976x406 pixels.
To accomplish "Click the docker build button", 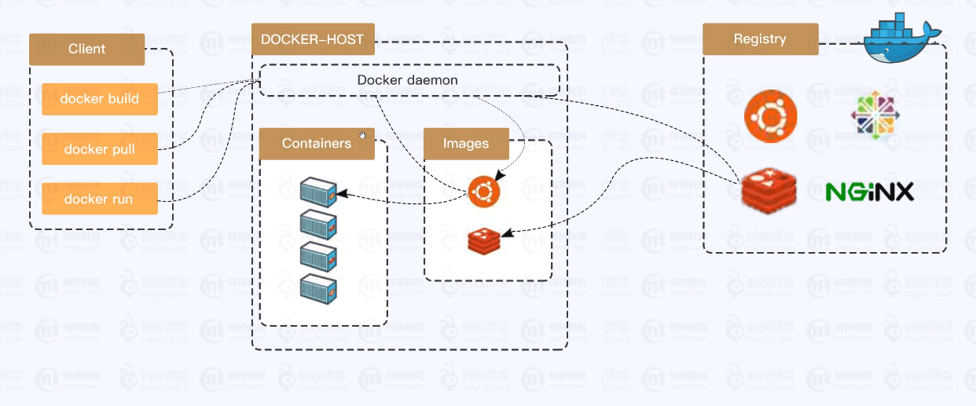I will (x=100, y=99).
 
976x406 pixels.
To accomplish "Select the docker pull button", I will (x=100, y=149).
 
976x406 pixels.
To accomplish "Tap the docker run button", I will (x=99, y=199).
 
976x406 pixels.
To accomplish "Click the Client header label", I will (x=86, y=49).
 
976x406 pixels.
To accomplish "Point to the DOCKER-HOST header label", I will (x=312, y=39).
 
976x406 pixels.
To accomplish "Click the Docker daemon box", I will (x=409, y=80).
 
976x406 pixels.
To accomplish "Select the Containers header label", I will (x=316, y=144).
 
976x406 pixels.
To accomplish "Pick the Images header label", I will (x=466, y=144).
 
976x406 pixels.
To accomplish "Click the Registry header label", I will (x=760, y=38).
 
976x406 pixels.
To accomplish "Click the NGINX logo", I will (x=870, y=192).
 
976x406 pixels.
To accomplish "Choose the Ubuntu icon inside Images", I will (x=484, y=192).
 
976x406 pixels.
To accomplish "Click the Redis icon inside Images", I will (x=484, y=240).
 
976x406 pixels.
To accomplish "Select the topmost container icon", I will (x=318, y=191).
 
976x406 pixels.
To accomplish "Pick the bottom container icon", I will (x=318, y=286).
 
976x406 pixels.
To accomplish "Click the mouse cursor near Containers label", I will (x=362, y=135).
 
